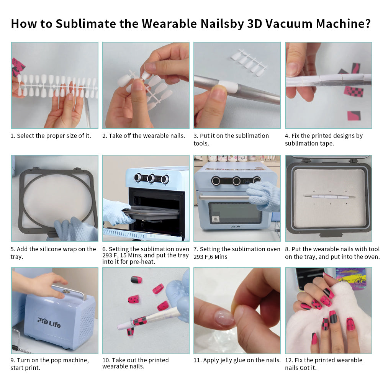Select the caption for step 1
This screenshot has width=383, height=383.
(51, 136)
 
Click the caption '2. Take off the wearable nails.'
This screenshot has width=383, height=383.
(144, 136)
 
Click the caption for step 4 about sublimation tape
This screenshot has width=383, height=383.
(324, 139)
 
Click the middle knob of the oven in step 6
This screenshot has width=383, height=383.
(151, 178)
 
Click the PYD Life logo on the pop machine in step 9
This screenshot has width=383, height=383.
(49, 321)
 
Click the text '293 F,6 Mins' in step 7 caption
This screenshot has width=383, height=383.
(210, 257)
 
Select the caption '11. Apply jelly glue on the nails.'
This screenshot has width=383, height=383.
(237, 360)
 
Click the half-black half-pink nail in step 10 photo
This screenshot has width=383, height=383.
(136, 280)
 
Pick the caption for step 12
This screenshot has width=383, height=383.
(323, 364)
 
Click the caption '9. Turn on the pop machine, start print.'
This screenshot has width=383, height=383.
(49, 364)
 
